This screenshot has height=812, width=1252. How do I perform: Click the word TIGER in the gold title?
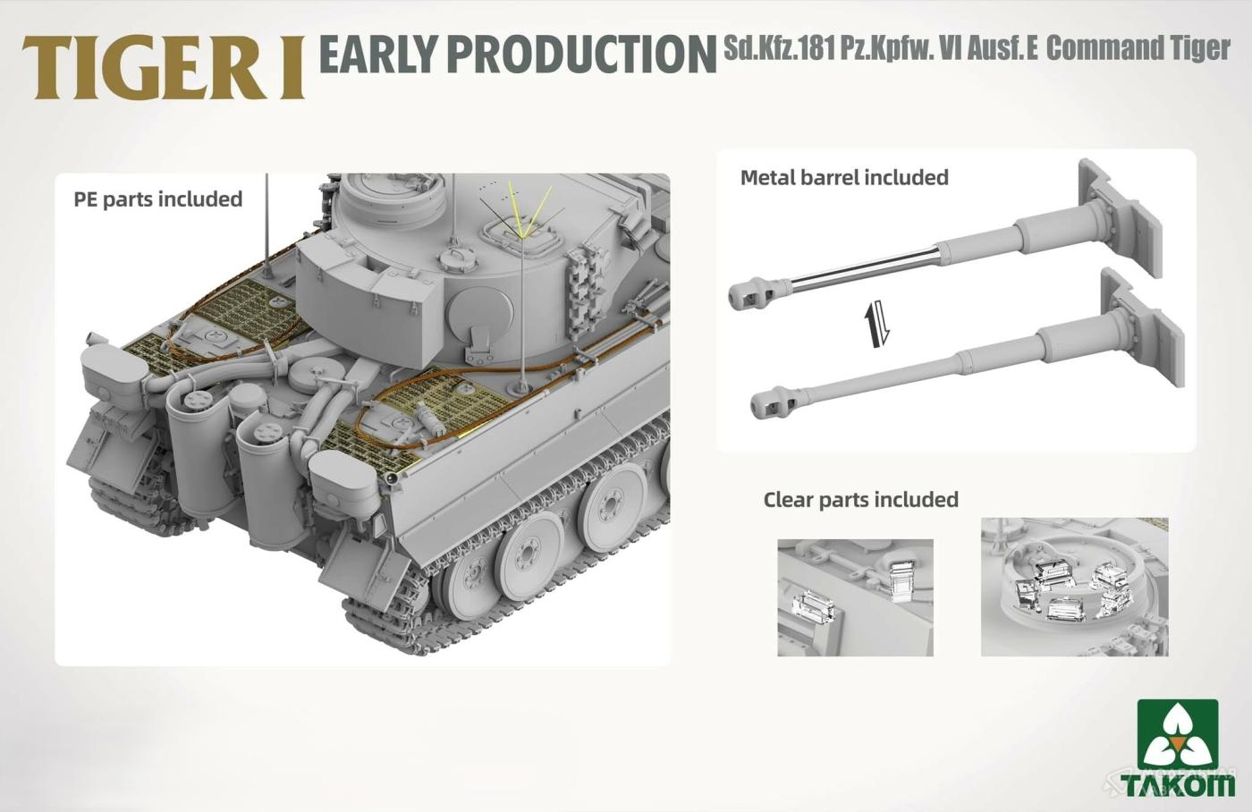[x=145, y=68]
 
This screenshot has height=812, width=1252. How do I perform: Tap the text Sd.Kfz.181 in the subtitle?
[x=780, y=48]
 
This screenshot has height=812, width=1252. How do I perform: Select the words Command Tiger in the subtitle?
[x=1138, y=48]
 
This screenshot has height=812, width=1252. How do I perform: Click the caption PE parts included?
[x=158, y=199]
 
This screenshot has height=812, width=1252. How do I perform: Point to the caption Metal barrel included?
[x=844, y=177]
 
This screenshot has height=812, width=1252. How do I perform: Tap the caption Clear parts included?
[x=860, y=500]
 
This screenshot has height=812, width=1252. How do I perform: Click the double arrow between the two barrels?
[x=876, y=324]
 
